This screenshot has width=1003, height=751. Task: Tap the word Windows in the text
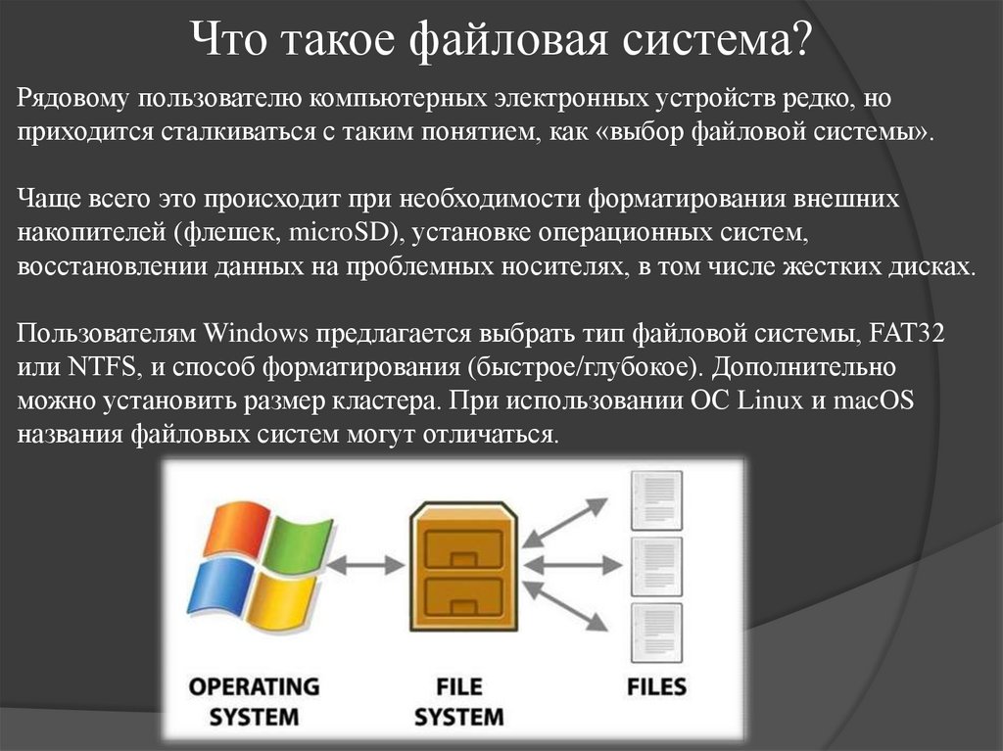pyautogui.click(x=256, y=333)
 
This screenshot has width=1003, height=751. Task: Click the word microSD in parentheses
pyautogui.click(x=352, y=232)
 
